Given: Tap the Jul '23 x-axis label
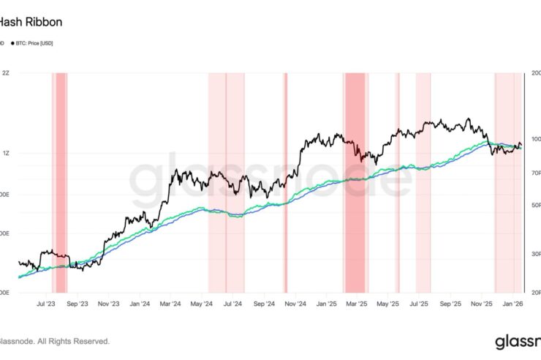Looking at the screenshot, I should tap(46, 302).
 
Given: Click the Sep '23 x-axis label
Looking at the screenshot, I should tap(77, 302).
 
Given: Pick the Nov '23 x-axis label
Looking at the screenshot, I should tap(108, 302).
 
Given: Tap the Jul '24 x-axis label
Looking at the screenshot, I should tap(232, 302).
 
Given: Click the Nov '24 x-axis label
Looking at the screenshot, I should tap(295, 302).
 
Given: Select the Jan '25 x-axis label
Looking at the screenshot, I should tap(327, 302).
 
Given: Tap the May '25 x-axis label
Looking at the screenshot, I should tap(388, 302).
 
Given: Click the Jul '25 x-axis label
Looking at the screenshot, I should tap(420, 302).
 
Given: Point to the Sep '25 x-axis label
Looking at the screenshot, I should tap(451, 302).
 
